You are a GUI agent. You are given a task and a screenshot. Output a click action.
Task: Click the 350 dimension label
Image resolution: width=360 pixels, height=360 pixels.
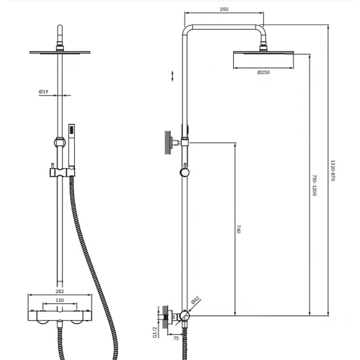tap(224, 9)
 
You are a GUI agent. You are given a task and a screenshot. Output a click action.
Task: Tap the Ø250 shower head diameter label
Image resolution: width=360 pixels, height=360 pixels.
tap(263, 72)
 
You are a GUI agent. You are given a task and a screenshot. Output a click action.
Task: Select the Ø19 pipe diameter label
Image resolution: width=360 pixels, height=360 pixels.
tap(43, 92)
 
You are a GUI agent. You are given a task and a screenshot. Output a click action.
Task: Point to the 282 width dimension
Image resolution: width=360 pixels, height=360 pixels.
tap(60, 291)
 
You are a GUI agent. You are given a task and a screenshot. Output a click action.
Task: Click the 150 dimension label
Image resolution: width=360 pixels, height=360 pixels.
tap(60, 300)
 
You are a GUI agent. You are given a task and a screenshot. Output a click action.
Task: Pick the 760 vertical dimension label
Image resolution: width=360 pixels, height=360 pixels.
tap(239, 229)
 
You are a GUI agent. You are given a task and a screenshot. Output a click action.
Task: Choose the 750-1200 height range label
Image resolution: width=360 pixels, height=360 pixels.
tap(315, 185)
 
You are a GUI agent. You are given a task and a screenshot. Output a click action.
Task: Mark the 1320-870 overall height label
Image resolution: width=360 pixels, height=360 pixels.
tap(333, 170)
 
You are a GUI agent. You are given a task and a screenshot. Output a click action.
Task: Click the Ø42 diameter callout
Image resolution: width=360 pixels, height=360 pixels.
tap(195, 300)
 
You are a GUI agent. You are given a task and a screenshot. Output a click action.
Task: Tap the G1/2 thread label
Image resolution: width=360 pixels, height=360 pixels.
tap(155, 332)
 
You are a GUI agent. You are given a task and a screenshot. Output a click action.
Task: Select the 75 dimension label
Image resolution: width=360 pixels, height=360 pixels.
tap(176, 338)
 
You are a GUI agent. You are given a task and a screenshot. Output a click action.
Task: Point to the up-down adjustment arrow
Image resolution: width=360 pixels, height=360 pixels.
tap(173, 76)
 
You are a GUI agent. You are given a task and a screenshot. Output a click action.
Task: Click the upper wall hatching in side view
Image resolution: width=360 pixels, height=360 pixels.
tap(168, 143)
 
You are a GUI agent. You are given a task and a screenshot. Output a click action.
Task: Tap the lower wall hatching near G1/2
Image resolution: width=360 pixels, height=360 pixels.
tap(165, 316)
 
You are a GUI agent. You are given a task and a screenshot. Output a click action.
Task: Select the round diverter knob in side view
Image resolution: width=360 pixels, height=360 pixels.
tap(184, 173)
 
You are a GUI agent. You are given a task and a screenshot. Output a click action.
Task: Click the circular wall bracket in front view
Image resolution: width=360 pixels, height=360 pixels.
tap(60, 143)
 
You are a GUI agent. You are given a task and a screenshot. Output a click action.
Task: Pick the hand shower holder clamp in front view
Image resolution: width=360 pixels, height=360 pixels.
tap(62, 172)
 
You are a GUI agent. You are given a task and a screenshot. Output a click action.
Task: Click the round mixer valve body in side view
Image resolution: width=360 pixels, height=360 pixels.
tap(184, 316)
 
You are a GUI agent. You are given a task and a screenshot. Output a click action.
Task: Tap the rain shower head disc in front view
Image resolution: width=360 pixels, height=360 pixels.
tap(60, 53)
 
